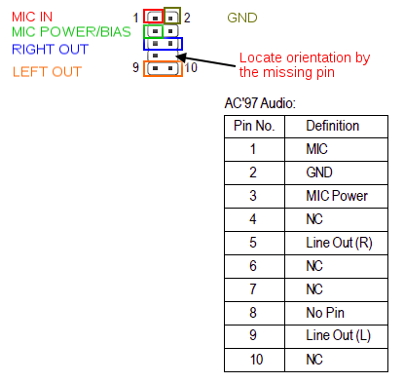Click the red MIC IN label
[x=32, y=17]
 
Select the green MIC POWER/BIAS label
[x=71, y=32]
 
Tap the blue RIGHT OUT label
[x=50, y=50]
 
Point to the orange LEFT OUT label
[x=47, y=72]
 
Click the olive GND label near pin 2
[x=242, y=18]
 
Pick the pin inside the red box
[x=155, y=18]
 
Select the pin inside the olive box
[x=170, y=18]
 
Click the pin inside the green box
[x=155, y=31]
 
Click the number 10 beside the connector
[x=191, y=67]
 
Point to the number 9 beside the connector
[x=135, y=67]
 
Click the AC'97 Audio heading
[x=260, y=103]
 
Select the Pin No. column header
[x=254, y=126]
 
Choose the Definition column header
[x=333, y=126]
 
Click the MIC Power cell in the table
[x=337, y=196]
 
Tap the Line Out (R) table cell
[x=339, y=243]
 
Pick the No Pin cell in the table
[x=325, y=313]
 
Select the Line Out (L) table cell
[x=339, y=335]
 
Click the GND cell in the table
[x=319, y=172]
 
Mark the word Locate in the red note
[x=261, y=57]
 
